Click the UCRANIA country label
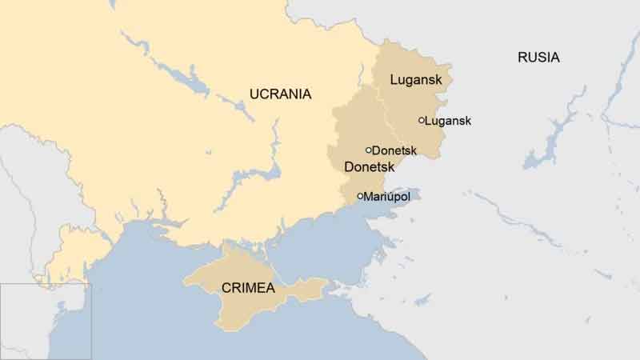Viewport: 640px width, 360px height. (280, 94)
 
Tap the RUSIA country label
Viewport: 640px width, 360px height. (538, 58)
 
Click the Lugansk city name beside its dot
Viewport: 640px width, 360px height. (449, 121)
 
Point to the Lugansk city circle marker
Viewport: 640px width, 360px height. (422, 121)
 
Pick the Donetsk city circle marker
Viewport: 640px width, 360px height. (369, 150)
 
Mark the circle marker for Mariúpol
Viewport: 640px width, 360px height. (360, 196)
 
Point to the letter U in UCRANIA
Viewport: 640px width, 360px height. (254, 94)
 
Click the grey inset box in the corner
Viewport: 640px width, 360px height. (46, 321)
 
